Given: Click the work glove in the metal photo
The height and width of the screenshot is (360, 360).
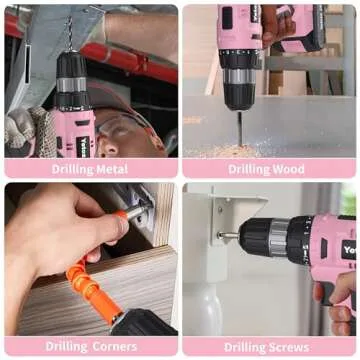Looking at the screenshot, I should [x=25, y=130].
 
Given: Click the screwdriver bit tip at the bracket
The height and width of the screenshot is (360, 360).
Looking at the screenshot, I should [x=226, y=236].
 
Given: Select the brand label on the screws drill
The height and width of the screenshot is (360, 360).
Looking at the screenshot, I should [x=349, y=250].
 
